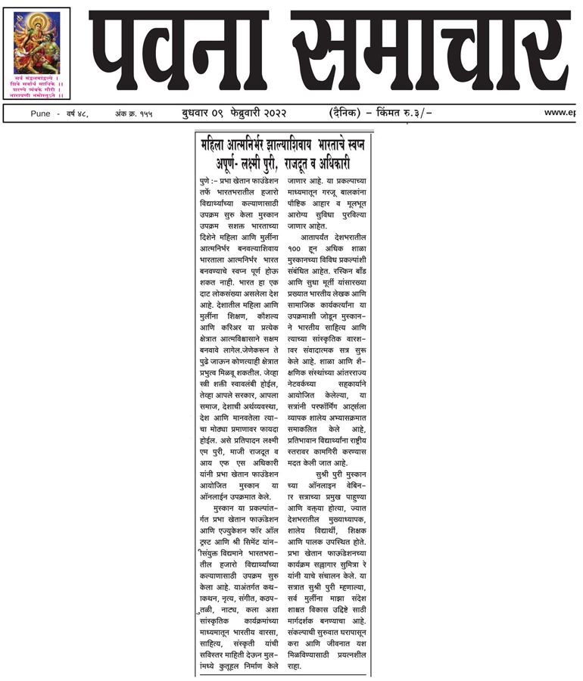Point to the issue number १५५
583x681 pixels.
(142, 113)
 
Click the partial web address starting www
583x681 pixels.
(562, 113)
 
